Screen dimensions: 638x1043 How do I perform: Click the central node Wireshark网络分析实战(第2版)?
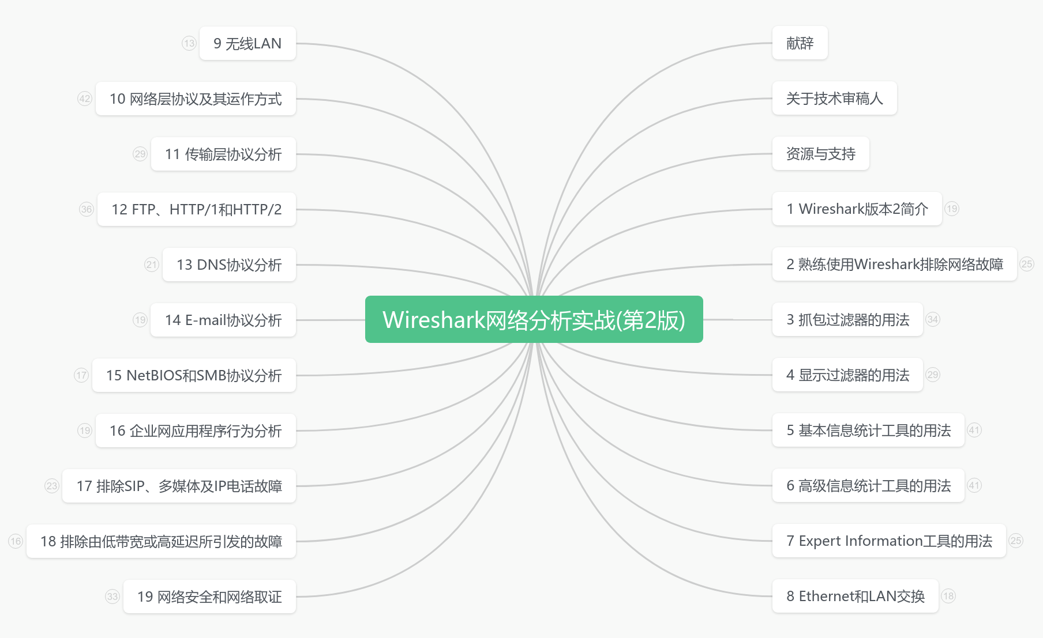(534, 319)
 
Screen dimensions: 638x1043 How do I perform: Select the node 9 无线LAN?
(247, 43)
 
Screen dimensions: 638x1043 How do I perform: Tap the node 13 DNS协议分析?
(229, 265)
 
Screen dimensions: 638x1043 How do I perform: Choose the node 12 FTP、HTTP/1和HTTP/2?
(196, 209)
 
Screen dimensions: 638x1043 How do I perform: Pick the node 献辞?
(800, 43)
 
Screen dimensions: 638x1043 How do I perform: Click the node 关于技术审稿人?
(834, 99)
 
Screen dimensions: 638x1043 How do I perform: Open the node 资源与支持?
(820, 154)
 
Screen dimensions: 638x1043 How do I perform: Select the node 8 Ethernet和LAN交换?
(855, 596)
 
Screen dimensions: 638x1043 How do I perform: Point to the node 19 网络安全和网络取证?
(209, 597)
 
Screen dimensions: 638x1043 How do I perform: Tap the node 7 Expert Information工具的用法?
(888, 541)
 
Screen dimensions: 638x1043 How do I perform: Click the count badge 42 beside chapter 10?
(85, 99)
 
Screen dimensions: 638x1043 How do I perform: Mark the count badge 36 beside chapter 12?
(87, 209)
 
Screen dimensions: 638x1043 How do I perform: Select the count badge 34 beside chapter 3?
(933, 319)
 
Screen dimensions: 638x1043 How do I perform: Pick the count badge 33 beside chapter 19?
(112, 597)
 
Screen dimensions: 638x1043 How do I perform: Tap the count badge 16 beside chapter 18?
(16, 541)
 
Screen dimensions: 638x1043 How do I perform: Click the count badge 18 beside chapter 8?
(948, 596)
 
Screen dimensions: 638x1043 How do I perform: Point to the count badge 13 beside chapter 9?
(189, 43)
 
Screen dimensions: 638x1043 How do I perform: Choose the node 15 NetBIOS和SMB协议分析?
(194, 375)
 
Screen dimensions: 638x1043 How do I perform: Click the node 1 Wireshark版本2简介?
(857, 209)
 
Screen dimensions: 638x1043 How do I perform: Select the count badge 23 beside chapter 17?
(52, 486)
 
